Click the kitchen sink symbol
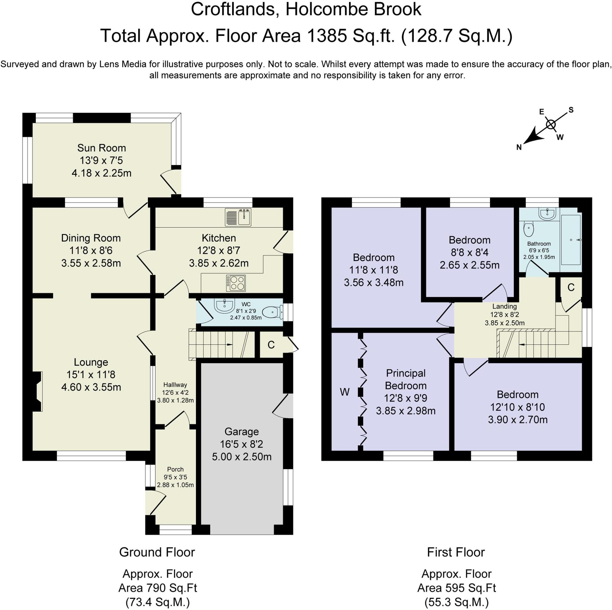238,217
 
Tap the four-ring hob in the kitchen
236,283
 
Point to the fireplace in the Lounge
37,392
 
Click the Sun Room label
101,148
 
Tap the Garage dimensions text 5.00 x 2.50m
241,457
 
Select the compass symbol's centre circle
551,125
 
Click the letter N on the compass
519,147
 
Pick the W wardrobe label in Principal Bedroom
345,392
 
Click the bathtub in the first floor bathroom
571,240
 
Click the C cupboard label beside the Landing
571,288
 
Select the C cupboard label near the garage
271,345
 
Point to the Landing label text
504,306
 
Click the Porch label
175,469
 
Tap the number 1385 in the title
326,36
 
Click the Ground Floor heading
157,552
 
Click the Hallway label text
175,385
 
